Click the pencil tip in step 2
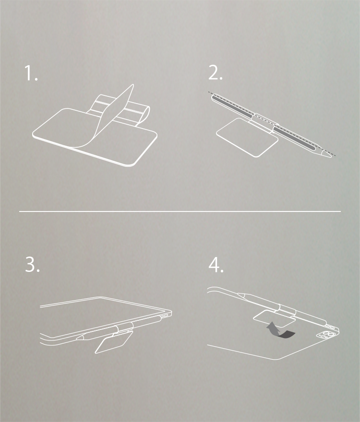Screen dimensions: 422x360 pos(329,155)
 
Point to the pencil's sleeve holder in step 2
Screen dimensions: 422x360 pos(264,120)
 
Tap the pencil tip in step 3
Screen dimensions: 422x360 pos(80,337)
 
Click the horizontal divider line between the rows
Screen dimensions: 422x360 pos(180,211)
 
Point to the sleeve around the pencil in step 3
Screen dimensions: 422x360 pos(122,328)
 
